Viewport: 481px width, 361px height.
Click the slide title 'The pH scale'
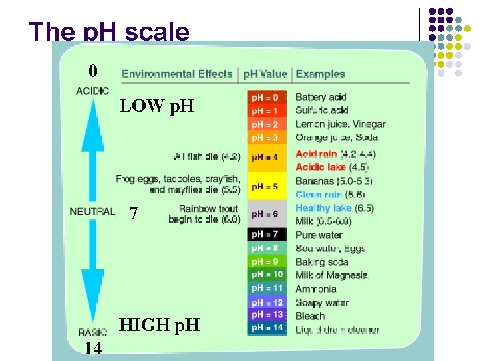110,31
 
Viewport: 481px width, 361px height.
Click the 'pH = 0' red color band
267,97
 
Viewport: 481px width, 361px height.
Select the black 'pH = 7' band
267,235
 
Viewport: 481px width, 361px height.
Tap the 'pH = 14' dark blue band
267,328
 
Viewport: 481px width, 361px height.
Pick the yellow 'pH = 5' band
267,186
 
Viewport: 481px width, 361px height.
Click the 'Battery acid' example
321,97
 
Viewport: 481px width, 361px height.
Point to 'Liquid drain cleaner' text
337,329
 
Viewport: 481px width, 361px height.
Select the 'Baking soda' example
321,262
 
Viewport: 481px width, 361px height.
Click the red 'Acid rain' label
316,154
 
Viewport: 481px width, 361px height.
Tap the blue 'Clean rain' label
319,195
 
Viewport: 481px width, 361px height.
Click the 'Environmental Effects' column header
177,74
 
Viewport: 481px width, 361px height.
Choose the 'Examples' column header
321,74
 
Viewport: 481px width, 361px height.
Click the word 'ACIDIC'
93,91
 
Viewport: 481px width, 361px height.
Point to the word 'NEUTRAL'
92,211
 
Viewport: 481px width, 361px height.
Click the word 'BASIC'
92,332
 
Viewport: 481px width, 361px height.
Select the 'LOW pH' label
156,106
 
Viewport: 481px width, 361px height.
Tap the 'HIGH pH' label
159,326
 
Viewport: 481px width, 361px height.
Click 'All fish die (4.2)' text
207,157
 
